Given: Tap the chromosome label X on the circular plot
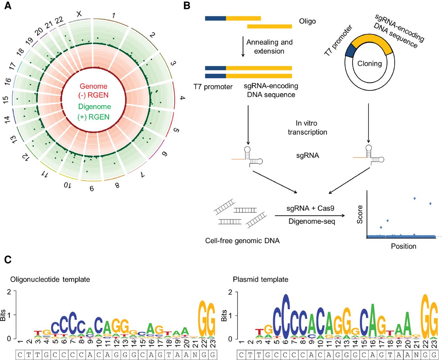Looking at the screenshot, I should [79, 13].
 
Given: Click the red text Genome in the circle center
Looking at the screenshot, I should [93, 86].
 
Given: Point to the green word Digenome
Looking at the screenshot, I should [94, 106].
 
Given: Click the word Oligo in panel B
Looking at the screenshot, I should [307, 21].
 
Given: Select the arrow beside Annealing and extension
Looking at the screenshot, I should [243, 47].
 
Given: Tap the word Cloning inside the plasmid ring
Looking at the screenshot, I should [369, 64].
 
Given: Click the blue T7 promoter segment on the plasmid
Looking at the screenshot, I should [350, 51].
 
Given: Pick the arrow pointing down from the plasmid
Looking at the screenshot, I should [368, 123].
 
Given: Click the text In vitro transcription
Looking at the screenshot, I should [307, 127].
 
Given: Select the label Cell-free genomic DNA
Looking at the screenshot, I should [242, 241].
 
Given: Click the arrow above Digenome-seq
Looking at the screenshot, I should [310, 216].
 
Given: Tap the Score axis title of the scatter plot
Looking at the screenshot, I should [360, 214].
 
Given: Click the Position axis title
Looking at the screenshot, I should [403, 246].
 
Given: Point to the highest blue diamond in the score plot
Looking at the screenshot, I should [414, 198].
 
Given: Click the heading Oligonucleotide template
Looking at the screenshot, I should [50, 280].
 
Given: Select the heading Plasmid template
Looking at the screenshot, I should [260, 280].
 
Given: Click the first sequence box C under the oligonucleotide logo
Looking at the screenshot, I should [20, 354].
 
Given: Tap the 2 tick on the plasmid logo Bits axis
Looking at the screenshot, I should [230, 292].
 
